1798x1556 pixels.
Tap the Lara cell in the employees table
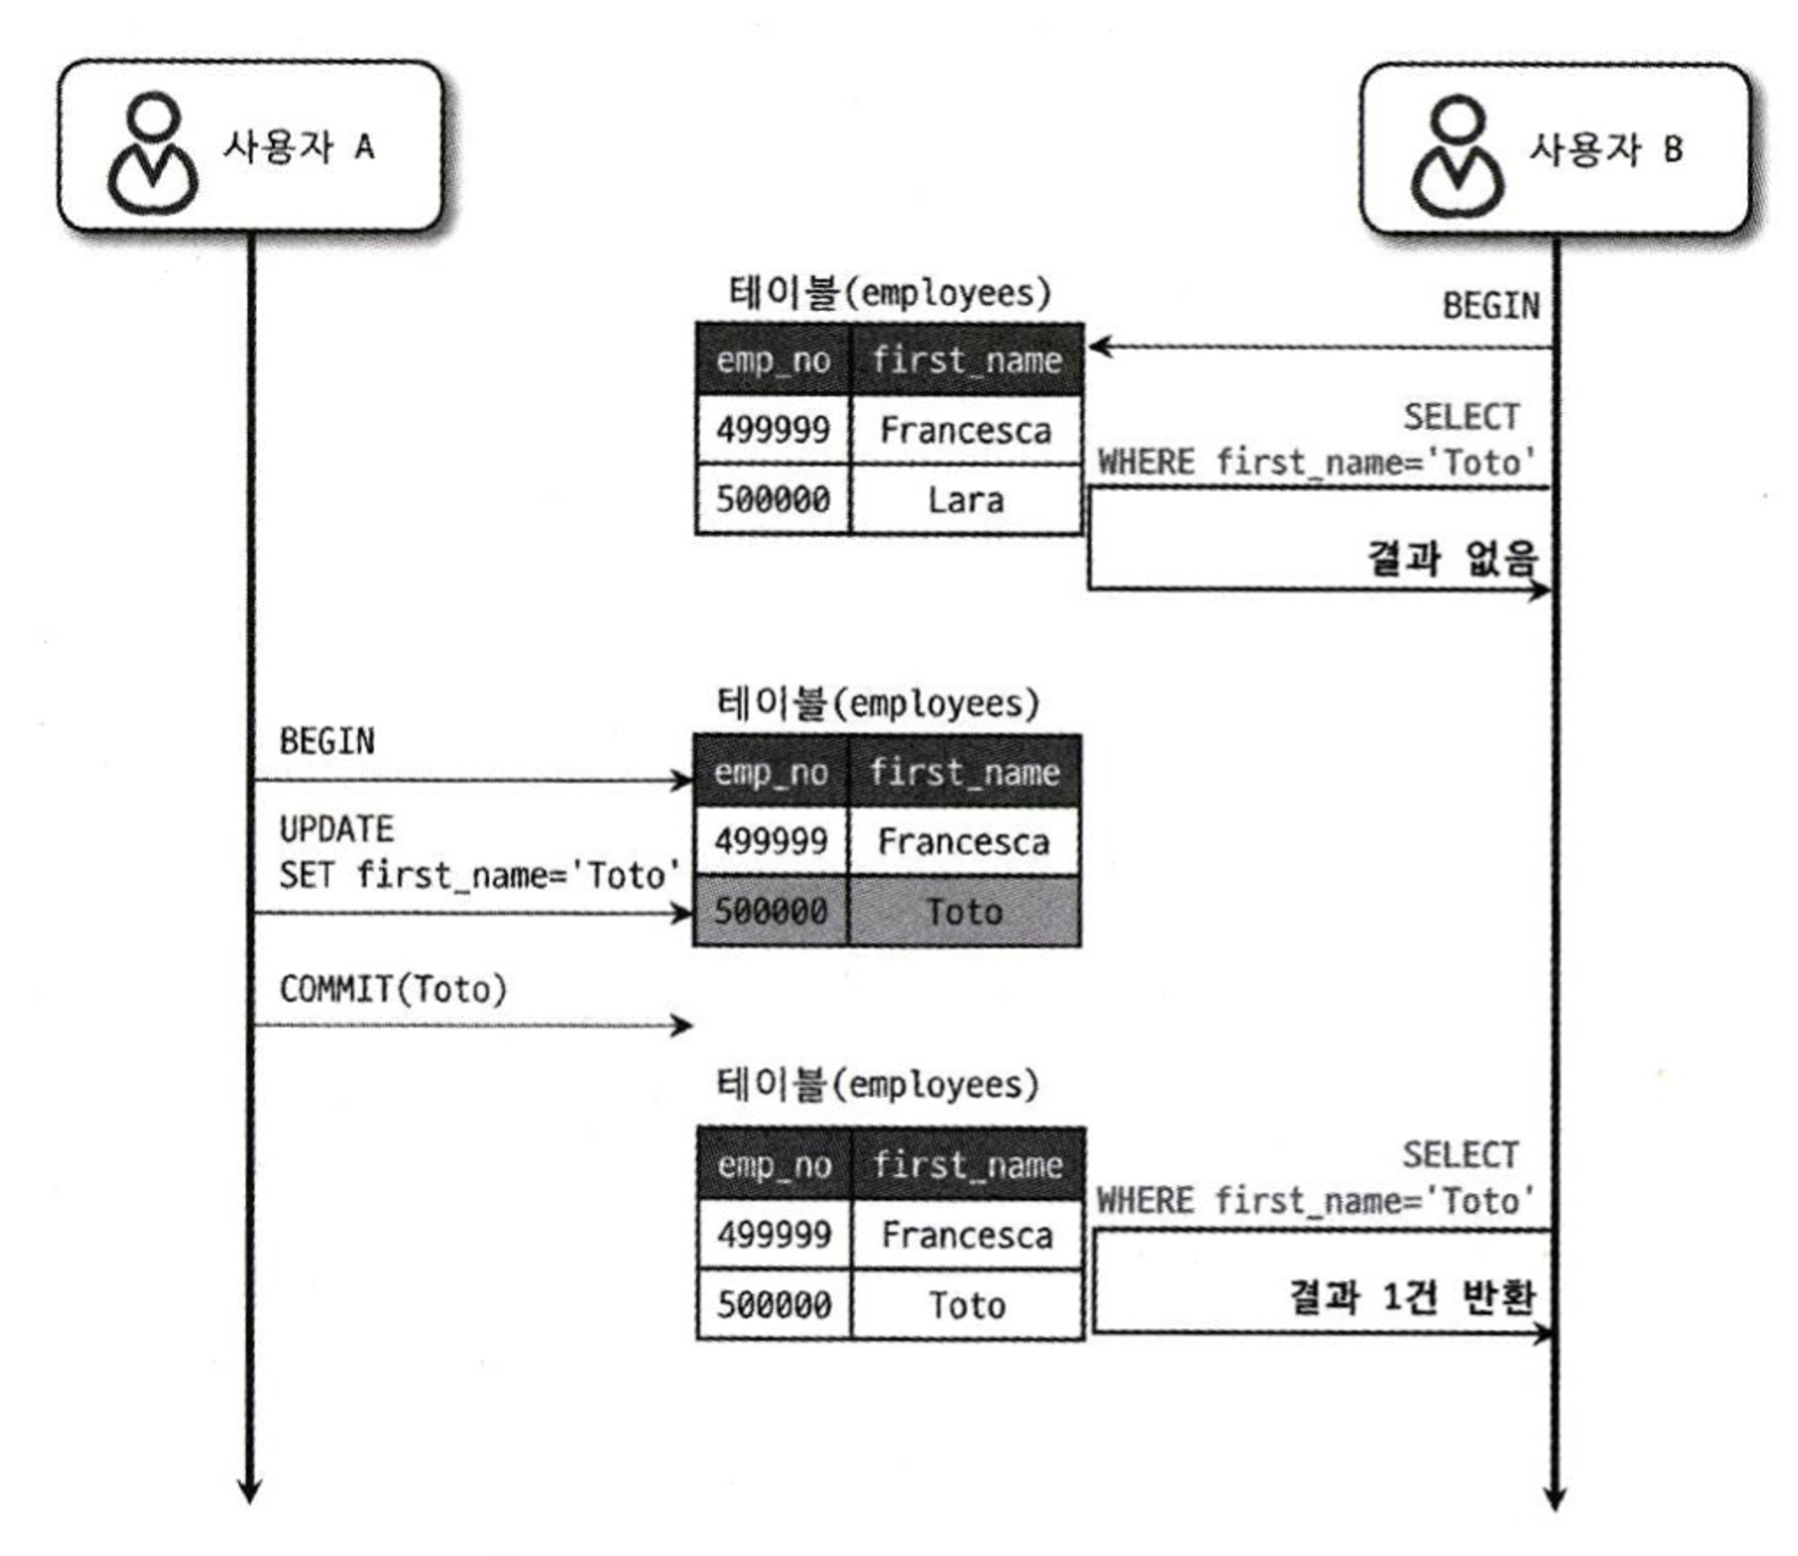point(966,500)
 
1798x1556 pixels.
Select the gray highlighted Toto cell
point(964,911)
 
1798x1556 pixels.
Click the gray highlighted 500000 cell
point(770,911)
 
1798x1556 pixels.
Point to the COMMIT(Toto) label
point(393,989)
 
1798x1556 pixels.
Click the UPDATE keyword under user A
point(336,829)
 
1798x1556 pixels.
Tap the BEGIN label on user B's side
point(1491,307)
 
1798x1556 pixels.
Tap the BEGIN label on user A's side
point(326,742)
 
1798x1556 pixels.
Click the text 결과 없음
point(1451,558)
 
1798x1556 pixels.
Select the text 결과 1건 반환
point(1411,1296)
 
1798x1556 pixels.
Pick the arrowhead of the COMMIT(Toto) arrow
point(684,1025)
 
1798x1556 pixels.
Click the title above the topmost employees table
point(888,293)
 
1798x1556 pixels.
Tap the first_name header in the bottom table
point(967,1165)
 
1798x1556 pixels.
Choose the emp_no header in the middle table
point(770,772)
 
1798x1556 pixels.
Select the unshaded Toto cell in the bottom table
point(966,1305)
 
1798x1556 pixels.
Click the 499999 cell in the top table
point(772,430)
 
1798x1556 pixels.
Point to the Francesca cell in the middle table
point(964,842)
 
